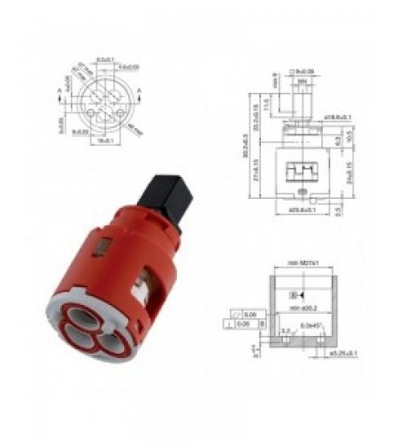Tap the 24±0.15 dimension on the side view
click(348, 167)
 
